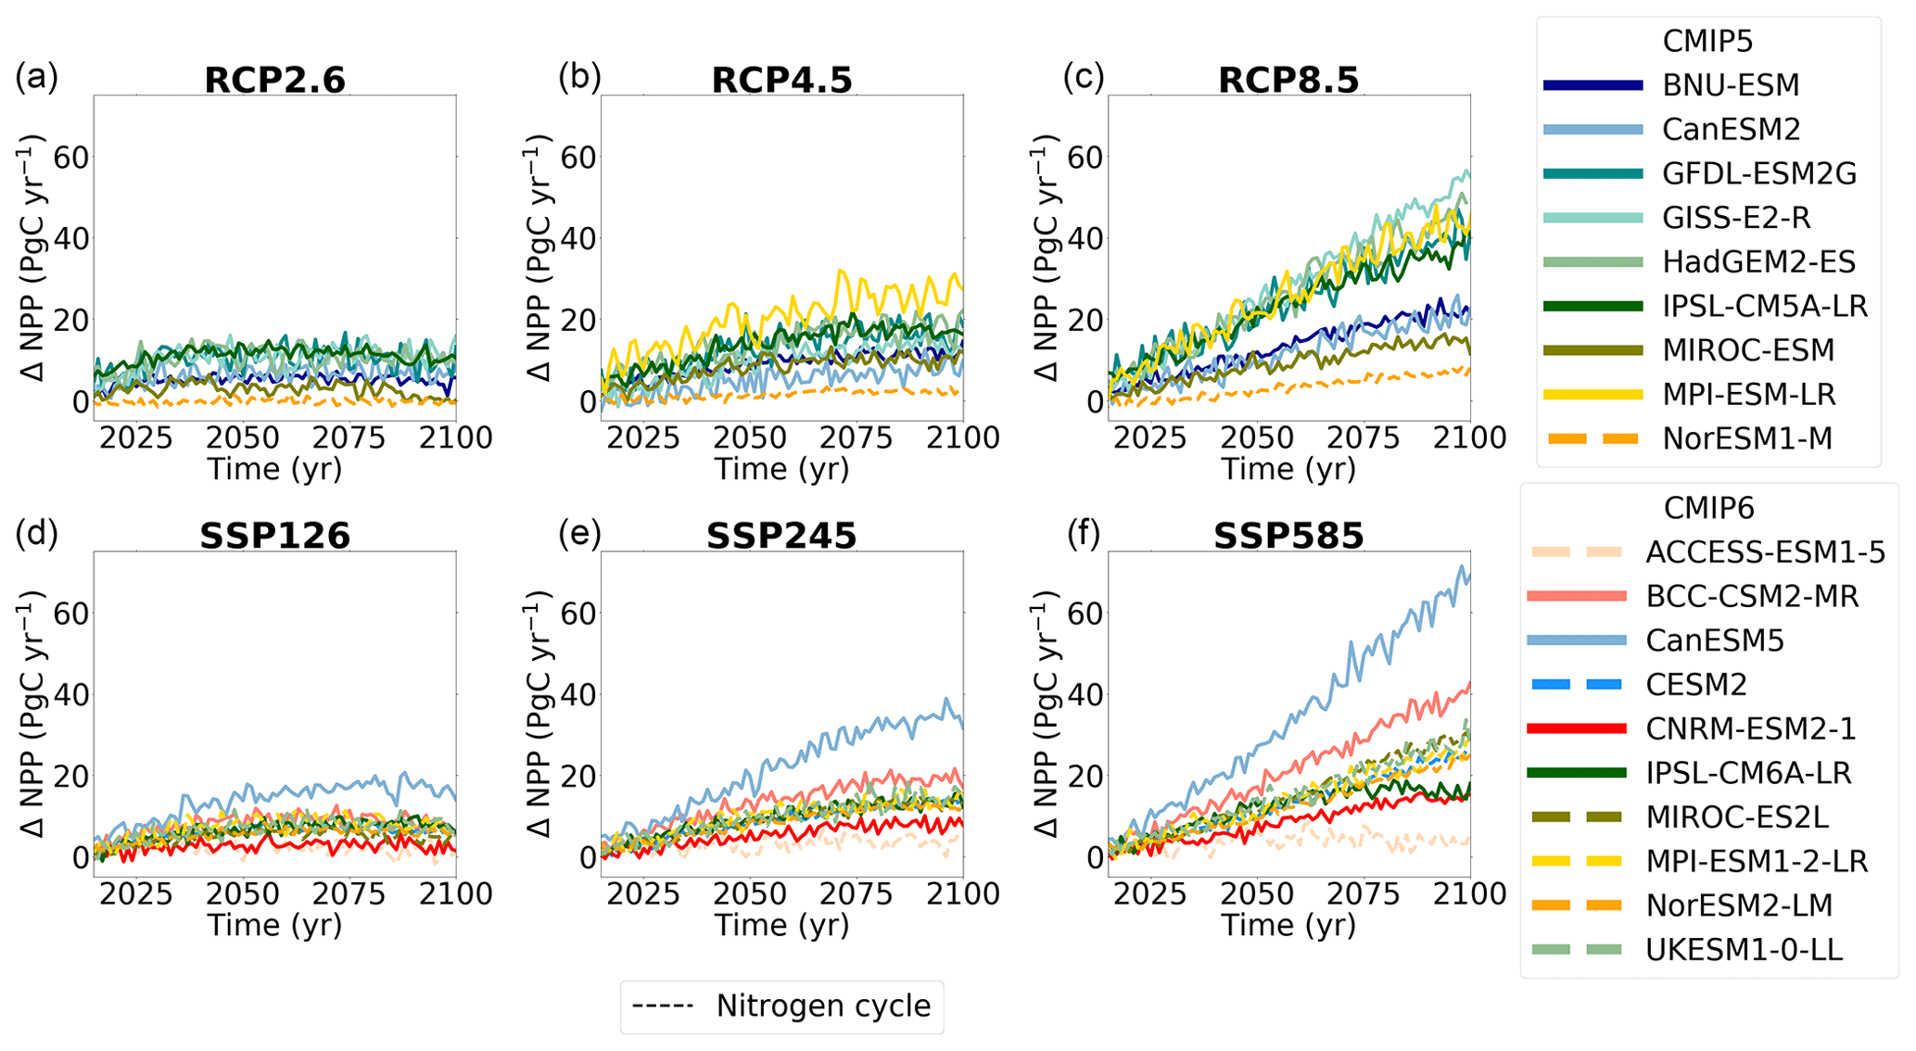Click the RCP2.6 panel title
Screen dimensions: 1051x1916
pyautogui.click(x=274, y=81)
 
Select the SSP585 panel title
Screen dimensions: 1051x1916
pyautogui.click(x=1288, y=537)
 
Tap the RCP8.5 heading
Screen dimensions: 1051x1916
pyautogui.click(x=1288, y=81)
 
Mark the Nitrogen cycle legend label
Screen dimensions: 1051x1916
pyautogui.click(x=823, y=1007)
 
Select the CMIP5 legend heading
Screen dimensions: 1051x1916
pyautogui.click(x=1707, y=42)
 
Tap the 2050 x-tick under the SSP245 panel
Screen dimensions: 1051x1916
pyautogui.click(x=750, y=894)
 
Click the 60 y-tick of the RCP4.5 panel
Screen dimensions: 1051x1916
pyautogui.click(x=577, y=158)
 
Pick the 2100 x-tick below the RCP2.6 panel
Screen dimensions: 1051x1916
pyautogui.click(x=455, y=437)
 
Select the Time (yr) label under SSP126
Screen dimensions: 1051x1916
pyautogui.click(x=274, y=925)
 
